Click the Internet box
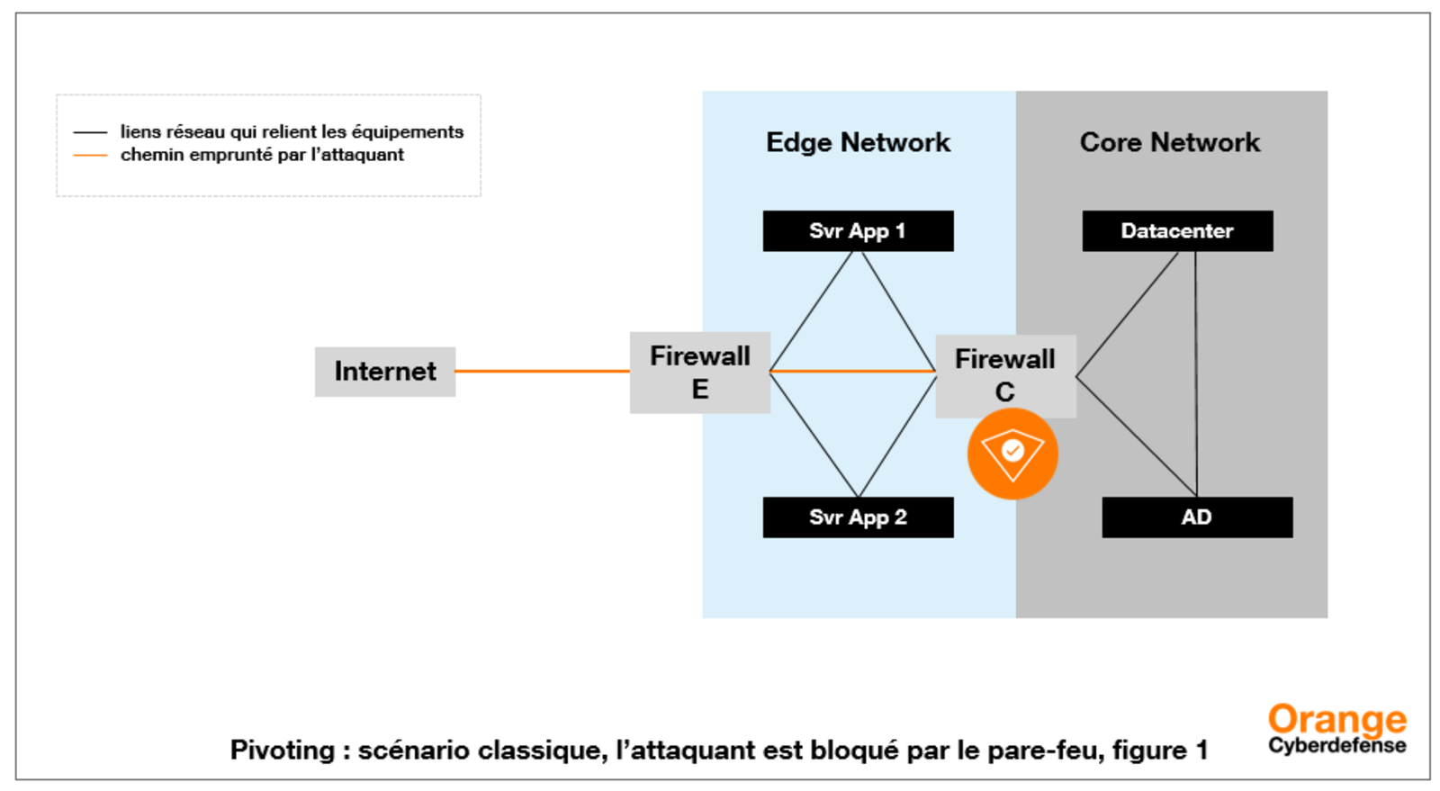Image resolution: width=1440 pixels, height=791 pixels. coord(384,372)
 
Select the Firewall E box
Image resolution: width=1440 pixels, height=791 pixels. coord(699,373)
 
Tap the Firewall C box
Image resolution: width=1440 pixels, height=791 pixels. coord(1004,375)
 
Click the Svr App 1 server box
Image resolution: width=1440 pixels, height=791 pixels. coord(857,231)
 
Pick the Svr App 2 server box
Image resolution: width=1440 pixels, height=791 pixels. coord(857,517)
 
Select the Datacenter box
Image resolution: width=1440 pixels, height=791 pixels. coord(1176,231)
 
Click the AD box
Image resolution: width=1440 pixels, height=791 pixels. coord(1196,517)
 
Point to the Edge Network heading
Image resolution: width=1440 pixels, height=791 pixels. coord(857,142)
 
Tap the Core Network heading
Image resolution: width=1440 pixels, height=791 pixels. coord(1169,142)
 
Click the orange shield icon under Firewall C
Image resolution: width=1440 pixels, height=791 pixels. coord(1012,454)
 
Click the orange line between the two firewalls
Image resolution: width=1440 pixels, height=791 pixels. coord(852,371)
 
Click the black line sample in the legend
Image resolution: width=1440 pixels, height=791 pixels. coord(90,132)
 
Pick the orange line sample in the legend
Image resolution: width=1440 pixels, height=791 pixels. coord(90,156)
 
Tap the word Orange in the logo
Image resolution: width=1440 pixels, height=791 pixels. coord(1336,720)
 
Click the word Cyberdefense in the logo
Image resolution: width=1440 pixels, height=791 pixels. coord(1336,746)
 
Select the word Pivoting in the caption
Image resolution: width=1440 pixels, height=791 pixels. coord(282,751)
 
